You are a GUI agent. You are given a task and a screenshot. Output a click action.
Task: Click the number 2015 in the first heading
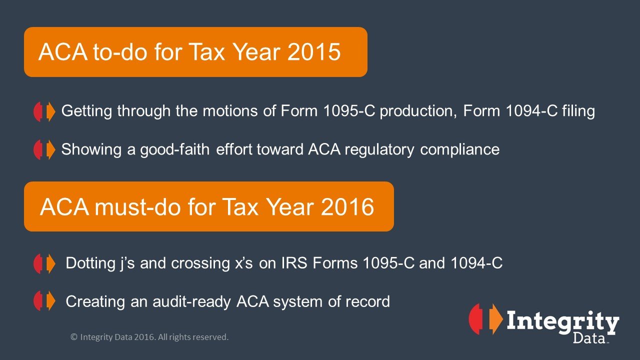pyautogui.click(x=313, y=52)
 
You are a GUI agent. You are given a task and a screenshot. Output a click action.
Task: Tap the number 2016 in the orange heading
pyautogui.click(x=347, y=206)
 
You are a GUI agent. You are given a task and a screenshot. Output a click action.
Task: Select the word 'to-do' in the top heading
pyautogui.click(x=119, y=52)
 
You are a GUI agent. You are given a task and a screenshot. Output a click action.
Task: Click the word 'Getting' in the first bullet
pyautogui.click(x=86, y=111)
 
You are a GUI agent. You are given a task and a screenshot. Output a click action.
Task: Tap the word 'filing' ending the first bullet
pyautogui.click(x=578, y=111)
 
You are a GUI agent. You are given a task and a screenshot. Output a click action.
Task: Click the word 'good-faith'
pyautogui.click(x=175, y=150)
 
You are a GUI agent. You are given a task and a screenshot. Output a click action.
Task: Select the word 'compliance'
pyautogui.click(x=459, y=150)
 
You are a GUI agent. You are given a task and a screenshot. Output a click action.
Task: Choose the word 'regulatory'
pyautogui.click(x=379, y=150)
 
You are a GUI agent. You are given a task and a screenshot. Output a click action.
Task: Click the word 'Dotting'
pyautogui.click(x=90, y=263)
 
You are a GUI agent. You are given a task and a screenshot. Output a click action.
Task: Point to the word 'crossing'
pyautogui.click(x=200, y=263)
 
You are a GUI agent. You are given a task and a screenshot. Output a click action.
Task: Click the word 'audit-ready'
pyautogui.click(x=191, y=302)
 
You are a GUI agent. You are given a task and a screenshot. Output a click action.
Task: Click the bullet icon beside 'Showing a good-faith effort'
pyautogui.click(x=44, y=149)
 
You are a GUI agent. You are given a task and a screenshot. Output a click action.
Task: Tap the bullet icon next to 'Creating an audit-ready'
pyautogui.click(x=44, y=301)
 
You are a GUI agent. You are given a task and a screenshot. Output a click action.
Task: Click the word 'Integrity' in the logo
pyautogui.click(x=563, y=323)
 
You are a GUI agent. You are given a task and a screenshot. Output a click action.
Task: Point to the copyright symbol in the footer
pyautogui.click(x=74, y=337)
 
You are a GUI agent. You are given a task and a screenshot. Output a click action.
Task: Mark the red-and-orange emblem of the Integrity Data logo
pyautogui.click(x=485, y=319)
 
